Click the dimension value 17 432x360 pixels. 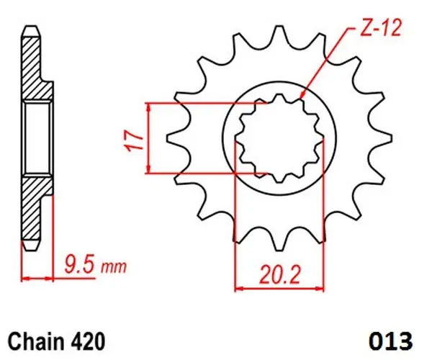pos(130,138)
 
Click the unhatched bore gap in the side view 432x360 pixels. pos(36,138)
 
